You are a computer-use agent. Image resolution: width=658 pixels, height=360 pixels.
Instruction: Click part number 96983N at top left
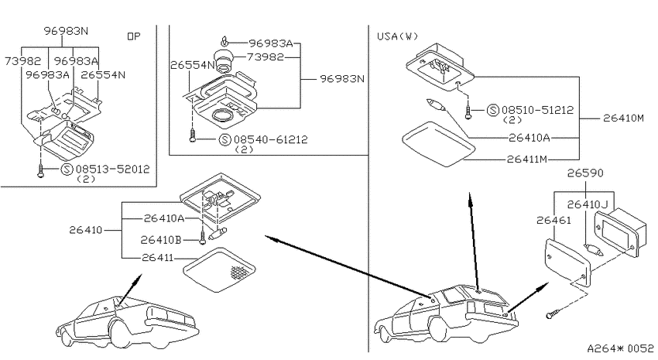click(67, 31)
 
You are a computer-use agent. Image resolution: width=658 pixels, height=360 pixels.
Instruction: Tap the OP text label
click(134, 36)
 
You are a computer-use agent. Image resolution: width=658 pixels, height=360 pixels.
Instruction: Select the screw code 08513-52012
click(112, 169)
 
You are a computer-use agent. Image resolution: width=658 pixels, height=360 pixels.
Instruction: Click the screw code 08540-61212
click(271, 139)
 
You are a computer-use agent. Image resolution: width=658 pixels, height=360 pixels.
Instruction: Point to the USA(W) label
click(397, 36)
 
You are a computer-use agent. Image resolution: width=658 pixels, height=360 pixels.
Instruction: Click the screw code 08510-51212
click(537, 110)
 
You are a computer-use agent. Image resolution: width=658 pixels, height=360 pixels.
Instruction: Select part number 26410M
click(623, 118)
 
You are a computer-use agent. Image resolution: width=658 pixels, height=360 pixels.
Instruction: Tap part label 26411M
click(527, 159)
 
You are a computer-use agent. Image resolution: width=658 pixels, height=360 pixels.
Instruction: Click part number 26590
click(585, 173)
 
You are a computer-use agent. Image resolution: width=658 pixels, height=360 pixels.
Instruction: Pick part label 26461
click(553, 221)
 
